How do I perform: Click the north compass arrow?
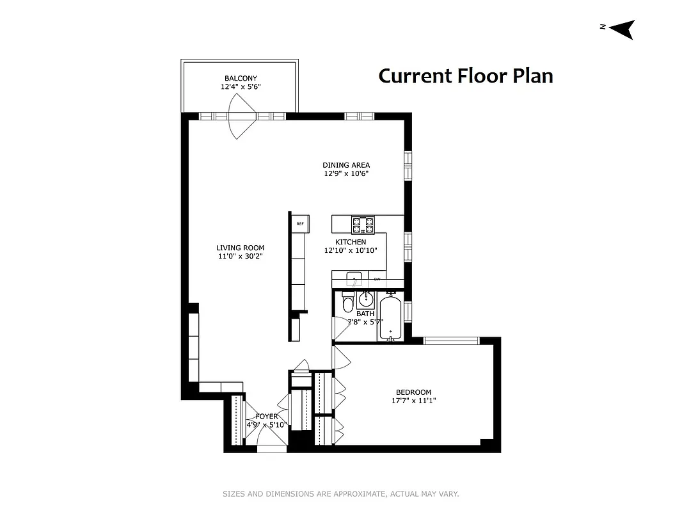[x=622, y=29]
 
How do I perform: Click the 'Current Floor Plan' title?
[x=465, y=76]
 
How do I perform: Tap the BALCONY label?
[x=241, y=78]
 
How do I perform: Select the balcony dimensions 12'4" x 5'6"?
[x=241, y=86]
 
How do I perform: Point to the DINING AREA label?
[x=346, y=165]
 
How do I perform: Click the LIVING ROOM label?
[x=240, y=248]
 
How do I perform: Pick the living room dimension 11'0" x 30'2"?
[x=240, y=256]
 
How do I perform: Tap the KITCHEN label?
[x=351, y=242]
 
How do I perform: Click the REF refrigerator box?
[x=299, y=224]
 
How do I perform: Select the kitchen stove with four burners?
[x=362, y=225]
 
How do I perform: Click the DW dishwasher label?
[x=377, y=279]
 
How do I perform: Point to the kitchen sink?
[x=353, y=278]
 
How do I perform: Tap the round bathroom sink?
[x=367, y=299]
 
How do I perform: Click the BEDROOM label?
[x=413, y=392]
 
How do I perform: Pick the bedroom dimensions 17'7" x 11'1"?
[x=413, y=401]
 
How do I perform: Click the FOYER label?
[x=267, y=416]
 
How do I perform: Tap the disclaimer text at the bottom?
[x=340, y=494]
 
